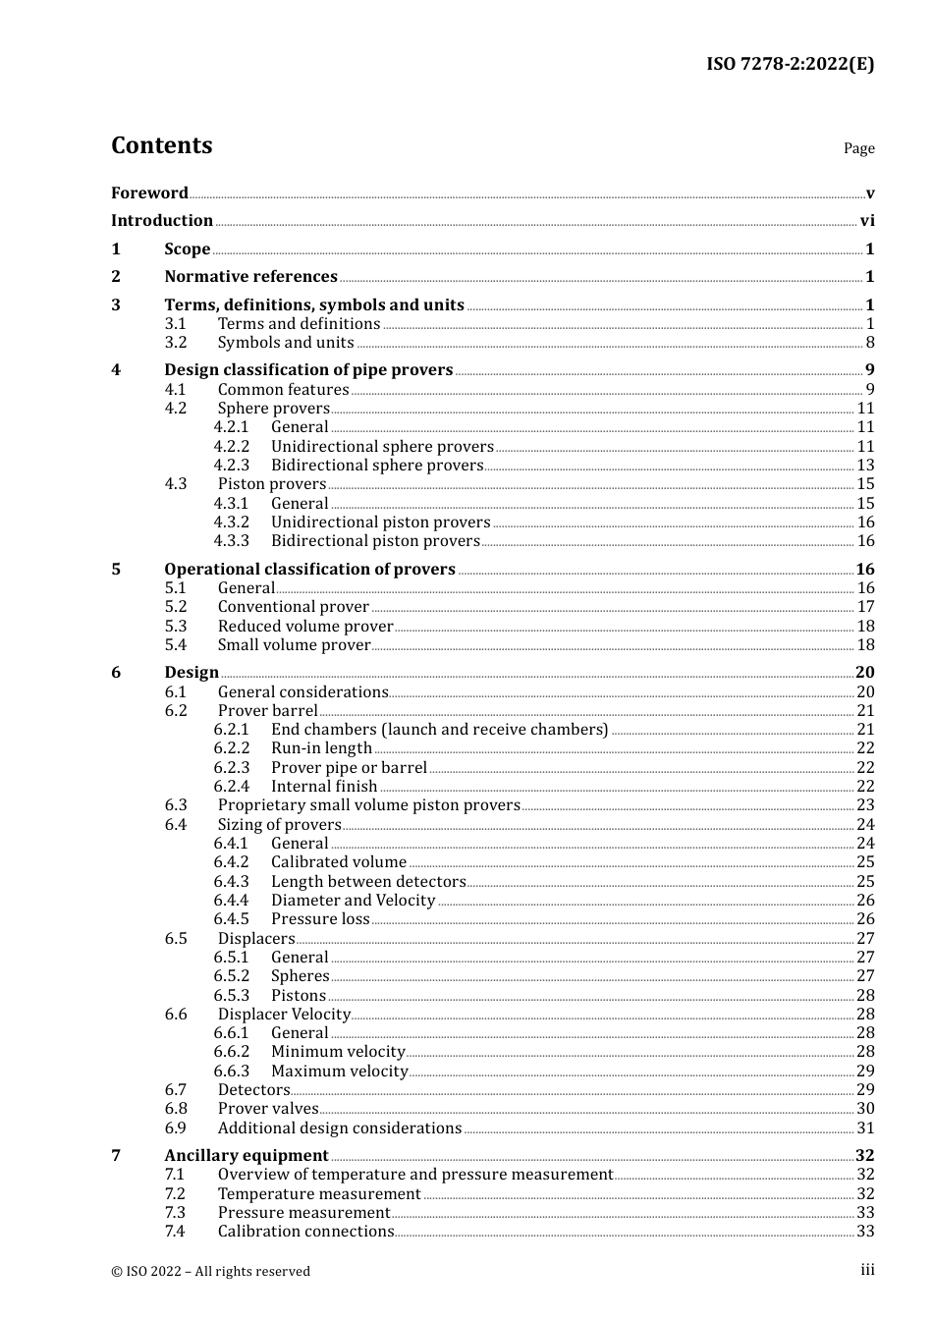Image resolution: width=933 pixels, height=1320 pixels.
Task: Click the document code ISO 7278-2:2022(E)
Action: click(x=790, y=65)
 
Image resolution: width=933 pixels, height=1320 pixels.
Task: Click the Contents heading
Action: click(x=161, y=145)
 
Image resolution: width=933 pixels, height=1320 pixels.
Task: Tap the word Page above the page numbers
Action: click(x=858, y=148)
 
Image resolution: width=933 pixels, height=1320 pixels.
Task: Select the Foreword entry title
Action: click(x=149, y=193)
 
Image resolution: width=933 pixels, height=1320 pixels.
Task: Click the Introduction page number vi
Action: click(x=867, y=221)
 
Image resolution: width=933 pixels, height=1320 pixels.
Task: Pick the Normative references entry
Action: click(x=250, y=277)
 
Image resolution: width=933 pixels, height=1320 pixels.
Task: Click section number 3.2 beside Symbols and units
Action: click(x=176, y=343)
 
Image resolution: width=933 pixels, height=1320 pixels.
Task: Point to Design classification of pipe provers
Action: click(x=308, y=370)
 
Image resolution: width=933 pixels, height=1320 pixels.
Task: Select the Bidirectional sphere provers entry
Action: click(x=377, y=466)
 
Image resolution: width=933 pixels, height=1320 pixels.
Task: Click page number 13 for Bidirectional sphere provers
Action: click(x=865, y=466)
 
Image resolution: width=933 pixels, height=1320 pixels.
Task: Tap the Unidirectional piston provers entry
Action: click(x=380, y=522)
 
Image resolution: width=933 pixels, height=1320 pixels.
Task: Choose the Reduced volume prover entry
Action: click(x=305, y=627)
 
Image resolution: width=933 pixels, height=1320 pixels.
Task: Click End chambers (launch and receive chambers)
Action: click(x=439, y=730)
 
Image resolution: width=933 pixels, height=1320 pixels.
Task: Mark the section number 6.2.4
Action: click(x=232, y=787)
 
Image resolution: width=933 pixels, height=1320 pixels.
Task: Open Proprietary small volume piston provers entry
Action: click(x=368, y=805)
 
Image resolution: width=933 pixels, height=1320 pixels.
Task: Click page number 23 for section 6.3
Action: click(x=865, y=805)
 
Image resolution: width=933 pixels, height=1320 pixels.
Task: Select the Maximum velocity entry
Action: click(x=339, y=1072)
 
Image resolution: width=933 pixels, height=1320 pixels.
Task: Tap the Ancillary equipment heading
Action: click(x=247, y=1156)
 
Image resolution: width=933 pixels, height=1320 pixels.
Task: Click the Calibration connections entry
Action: click(x=305, y=1232)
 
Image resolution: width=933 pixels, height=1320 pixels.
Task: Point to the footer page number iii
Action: click(x=867, y=1270)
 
